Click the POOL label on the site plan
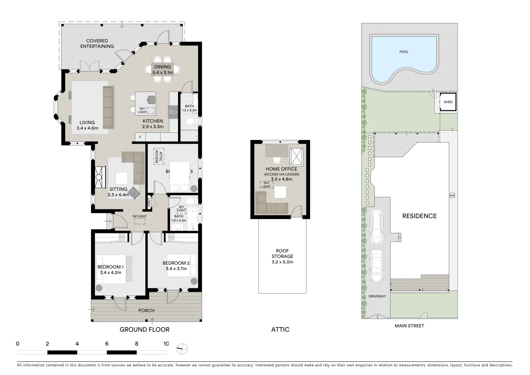tap(404, 52)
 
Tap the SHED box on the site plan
tap(448, 102)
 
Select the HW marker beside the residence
tap(452, 195)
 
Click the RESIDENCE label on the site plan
tap(419, 216)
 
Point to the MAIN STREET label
tap(409, 326)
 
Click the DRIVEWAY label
tap(377, 296)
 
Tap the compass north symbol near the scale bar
tap(182, 349)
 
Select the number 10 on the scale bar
tap(166, 344)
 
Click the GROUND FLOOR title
tap(144, 330)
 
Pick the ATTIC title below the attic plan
tap(280, 330)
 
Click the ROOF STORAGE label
tap(282, 256)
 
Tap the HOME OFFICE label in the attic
tap(281, 169)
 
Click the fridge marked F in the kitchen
tap(140, 137)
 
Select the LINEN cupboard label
tap(149, 202)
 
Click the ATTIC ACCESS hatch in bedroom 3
tap(159, 156)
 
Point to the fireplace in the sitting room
tap(99, 177)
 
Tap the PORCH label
tap(146, 310)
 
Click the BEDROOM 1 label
tap(110, 267)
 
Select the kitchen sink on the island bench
tap(151, 100)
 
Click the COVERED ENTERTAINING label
tap(97, 43)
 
